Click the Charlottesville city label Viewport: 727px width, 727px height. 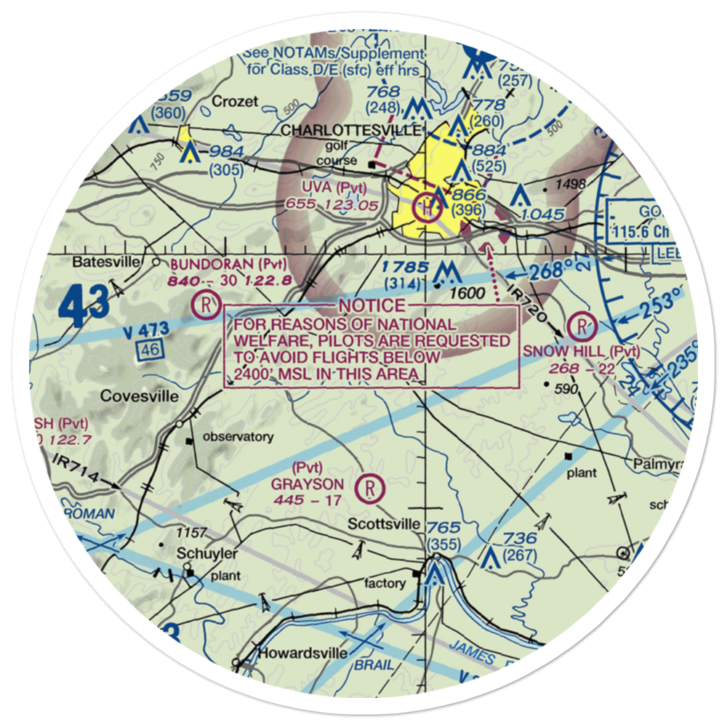coord(350,129)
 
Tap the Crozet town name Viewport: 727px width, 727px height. coord(235,101)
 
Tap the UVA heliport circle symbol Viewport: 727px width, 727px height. coord(426,208)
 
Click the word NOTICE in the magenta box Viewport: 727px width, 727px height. coord(370,305)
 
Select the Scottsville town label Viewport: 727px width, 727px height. coord(383,524)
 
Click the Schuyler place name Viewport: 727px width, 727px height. coord(196,553)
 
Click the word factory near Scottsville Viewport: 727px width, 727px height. coord(385,583)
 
